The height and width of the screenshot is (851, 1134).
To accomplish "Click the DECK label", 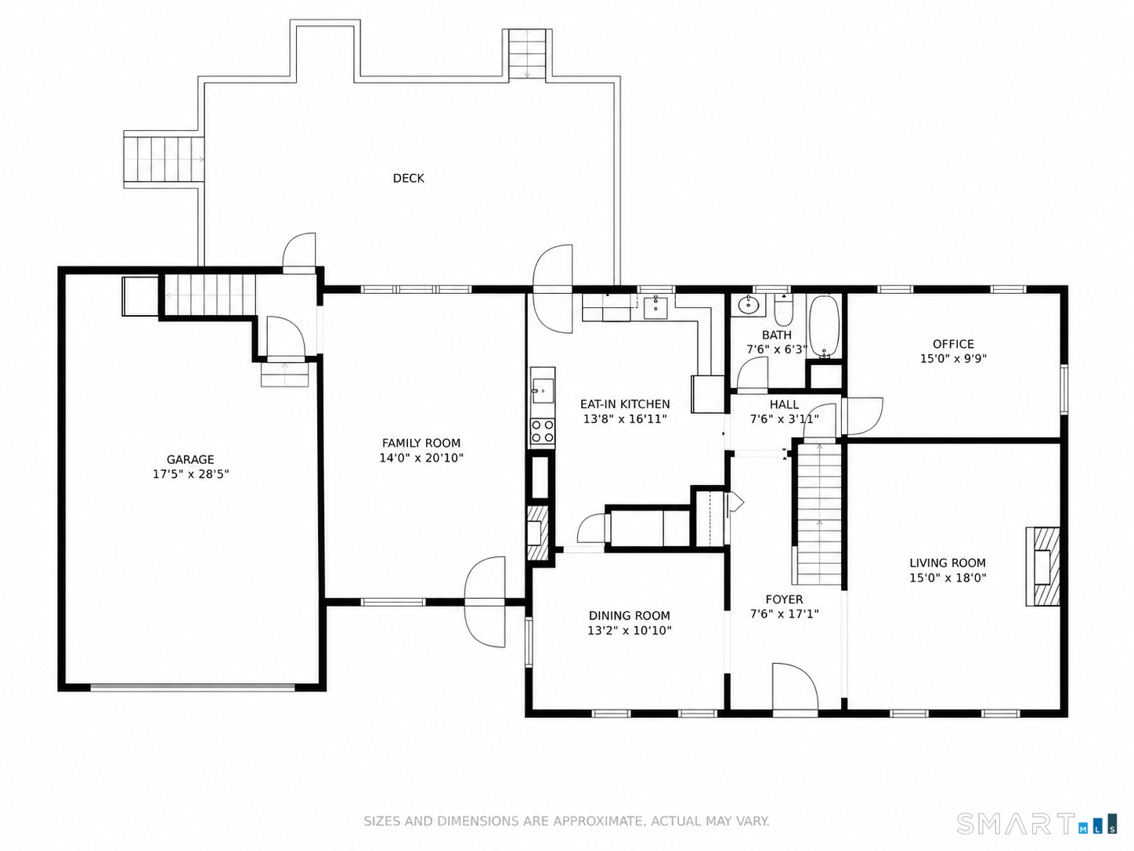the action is [x=408, y=178].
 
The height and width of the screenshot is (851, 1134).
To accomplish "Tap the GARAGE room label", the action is [x=190, y=459].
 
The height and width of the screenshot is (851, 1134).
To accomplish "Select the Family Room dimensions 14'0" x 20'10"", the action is [x=421, y=458].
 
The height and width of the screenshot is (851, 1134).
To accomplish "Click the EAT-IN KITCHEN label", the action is [x=625, y=404].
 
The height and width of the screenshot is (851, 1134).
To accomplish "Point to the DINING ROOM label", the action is [x=629, y=615].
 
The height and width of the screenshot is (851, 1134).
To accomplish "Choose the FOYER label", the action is [x=784, y=599].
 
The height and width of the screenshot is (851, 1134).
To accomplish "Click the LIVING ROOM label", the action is [x=948, y=563].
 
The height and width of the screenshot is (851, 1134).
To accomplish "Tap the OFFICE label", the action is [x=953, y=344].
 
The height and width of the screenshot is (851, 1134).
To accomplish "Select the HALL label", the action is [x=784, y=404].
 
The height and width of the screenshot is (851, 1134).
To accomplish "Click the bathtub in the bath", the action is [x=824, y=327].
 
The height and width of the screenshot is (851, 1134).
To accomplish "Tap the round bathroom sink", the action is [x=747, y=306].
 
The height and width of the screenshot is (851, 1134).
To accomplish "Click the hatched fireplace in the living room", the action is [x=1042, y=567].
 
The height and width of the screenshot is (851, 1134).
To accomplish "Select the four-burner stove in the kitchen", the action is [x=543, y=433].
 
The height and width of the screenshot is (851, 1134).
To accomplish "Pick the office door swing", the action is [x=861, y=416].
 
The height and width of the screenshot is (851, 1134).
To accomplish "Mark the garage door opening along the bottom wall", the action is [x=192, y=687].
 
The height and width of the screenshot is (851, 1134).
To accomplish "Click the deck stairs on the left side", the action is [x=164, y=159].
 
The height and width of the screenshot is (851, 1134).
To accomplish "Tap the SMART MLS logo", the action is [x=1038, y=824].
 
